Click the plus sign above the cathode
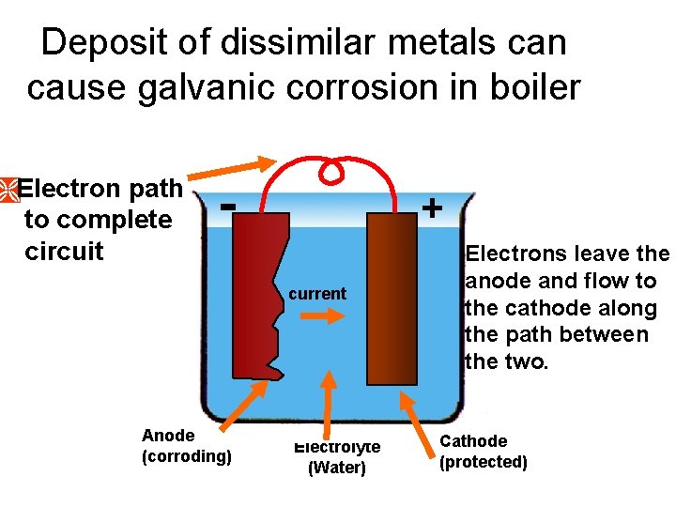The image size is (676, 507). [432, 207]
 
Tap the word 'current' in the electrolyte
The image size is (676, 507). [317, 294]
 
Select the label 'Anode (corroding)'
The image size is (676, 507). [186, 446]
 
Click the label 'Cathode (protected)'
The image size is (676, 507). [484, 452]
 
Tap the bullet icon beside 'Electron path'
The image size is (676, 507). [8, 189]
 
